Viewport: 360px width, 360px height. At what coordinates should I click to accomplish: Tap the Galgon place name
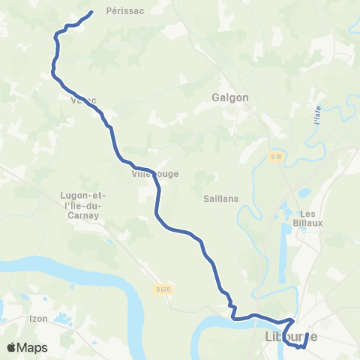click(230, 97)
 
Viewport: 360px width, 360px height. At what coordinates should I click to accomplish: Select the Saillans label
click(220, 199)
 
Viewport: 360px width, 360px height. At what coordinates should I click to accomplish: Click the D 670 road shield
click(163, 289)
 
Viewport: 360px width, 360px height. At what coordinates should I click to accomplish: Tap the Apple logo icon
click(12, 348)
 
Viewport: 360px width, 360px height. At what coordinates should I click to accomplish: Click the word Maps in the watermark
click(33, 348)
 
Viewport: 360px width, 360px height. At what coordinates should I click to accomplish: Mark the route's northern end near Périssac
click(91, 12)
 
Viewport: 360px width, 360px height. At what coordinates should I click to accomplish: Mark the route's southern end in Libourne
click(307, 334)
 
